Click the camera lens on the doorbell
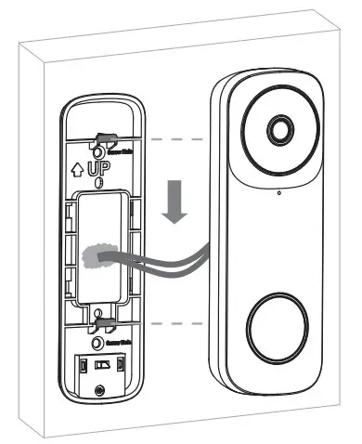[x=279, y=130]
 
